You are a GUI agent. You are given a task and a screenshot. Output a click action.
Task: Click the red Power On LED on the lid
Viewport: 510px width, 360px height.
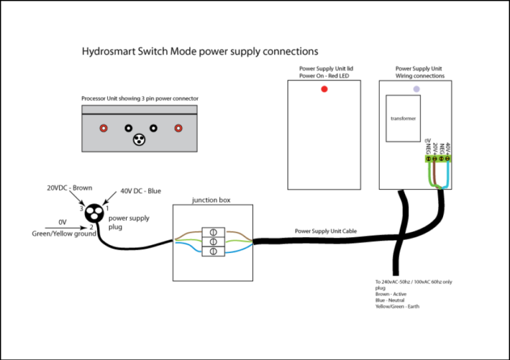[324, 89]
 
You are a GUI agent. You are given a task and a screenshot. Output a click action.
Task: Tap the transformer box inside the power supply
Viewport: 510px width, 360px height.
[402, 119]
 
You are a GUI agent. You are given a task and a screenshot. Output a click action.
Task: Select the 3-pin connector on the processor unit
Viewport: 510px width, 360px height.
[139, 139]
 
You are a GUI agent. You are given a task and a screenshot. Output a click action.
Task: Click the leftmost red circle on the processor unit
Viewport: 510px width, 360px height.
[103, 128]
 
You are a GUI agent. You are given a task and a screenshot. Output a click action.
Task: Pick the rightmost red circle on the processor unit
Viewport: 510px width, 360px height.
[178, 128]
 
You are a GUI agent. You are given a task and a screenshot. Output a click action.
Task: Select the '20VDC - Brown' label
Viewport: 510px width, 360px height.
[69, 188]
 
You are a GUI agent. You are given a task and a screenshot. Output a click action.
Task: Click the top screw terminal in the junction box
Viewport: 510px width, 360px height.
[214, 232]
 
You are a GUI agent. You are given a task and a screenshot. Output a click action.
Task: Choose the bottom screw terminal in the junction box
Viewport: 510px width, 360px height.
[214, 251]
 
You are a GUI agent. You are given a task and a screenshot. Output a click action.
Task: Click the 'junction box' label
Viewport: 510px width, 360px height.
[211, 200]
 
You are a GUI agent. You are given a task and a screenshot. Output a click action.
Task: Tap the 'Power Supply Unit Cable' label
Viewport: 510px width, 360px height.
[325, 231]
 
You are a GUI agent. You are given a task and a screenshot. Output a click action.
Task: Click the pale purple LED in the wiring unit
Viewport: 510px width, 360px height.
[416, 88]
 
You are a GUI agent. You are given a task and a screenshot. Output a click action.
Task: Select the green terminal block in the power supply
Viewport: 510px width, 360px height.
[438, 159]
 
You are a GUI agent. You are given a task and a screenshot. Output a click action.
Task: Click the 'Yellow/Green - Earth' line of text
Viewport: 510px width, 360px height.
[397, 306]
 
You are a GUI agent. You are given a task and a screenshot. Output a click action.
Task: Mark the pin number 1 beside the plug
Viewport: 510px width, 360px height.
[108, 209]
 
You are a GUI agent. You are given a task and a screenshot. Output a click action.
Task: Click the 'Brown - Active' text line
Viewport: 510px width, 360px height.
[390, 294]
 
